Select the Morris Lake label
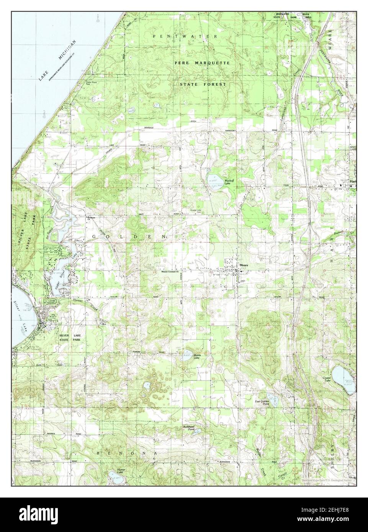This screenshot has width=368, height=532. pos(197,356)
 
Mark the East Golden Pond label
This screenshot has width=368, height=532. pos(263,402)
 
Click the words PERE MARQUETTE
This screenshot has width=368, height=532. pos(202,62)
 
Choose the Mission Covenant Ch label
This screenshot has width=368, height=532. pos(170,273)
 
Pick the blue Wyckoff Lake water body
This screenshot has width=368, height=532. pos(213,179)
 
